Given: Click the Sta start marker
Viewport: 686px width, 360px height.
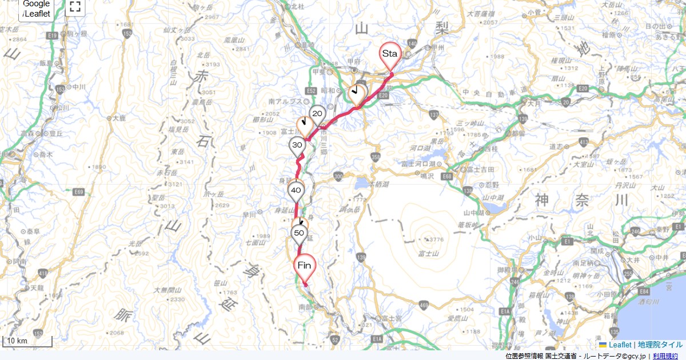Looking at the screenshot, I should [x=390, y=54].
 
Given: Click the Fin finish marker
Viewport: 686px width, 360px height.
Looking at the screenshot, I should [x=304, y=266].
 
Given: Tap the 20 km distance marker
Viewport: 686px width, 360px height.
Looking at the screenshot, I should [x=318, y=114].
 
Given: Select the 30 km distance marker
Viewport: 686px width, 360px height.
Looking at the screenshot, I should [x=297, y=145].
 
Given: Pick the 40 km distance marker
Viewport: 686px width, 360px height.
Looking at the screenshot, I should [x=296, y=190].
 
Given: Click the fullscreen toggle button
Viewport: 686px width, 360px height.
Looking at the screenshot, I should [x=74, y=7].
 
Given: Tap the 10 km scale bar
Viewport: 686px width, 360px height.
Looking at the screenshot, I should [x=27, y=341].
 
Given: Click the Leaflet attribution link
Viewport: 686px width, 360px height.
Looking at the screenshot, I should [x=619, y=345].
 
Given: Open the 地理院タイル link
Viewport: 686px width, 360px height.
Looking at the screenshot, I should [x=660, y=345].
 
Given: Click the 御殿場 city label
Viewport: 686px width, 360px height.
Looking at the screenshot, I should [x=497, y=269].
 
